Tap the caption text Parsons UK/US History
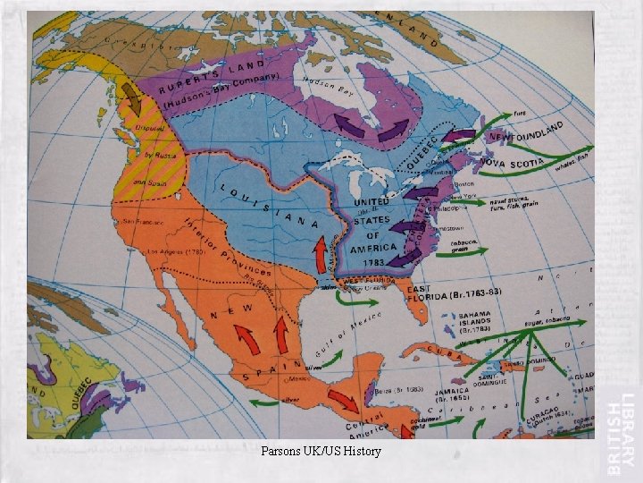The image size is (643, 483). [x=321, y=451]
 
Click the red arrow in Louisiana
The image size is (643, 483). [x=319, y=255]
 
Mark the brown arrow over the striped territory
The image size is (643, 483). [x=132, y=96]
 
